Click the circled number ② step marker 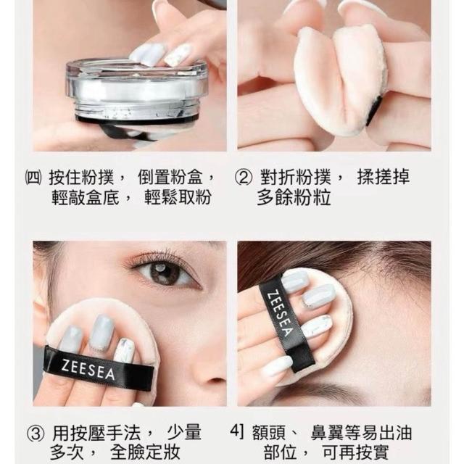tap(244, 177)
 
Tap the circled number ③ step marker tap(36, 434)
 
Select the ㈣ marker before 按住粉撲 tap(33, 178)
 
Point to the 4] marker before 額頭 tap(237, 432)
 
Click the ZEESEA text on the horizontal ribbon tap(88, 369)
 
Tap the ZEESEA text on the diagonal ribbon tap(280, 315)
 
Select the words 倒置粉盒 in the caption tap(170, 177)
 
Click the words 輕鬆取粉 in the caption tap(178, 196)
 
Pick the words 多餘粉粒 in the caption tap(294, 197)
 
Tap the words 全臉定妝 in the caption tap(145, 452)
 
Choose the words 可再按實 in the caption tap(355, 452)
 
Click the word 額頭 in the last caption tap(269, 432)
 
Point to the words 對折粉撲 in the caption tap(295, 177)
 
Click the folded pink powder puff tap(340, 80)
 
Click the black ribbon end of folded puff tap(374, 110)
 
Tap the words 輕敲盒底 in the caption tap(86, 196)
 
